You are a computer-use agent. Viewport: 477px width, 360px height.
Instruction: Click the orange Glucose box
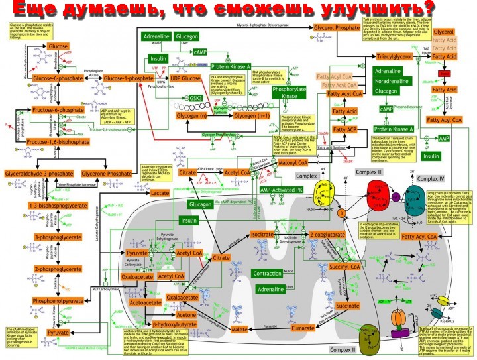click(x=58, y=47)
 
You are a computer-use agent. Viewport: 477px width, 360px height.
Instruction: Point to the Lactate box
click(x=160, y=192)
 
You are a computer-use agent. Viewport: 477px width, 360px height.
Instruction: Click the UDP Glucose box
click(x=185, y=79)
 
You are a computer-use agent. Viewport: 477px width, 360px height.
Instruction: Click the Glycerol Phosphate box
click(x=337, y=29)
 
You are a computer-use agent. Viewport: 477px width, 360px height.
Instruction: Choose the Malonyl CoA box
click(x=293, y=162)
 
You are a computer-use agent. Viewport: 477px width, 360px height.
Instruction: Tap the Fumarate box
click(x=303, y=328)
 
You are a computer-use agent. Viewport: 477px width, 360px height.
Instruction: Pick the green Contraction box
click(x=268, y=274)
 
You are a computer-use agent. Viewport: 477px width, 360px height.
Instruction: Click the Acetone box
click(x=186, y=315)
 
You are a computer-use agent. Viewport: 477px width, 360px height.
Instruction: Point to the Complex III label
click(x=370, y=172)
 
